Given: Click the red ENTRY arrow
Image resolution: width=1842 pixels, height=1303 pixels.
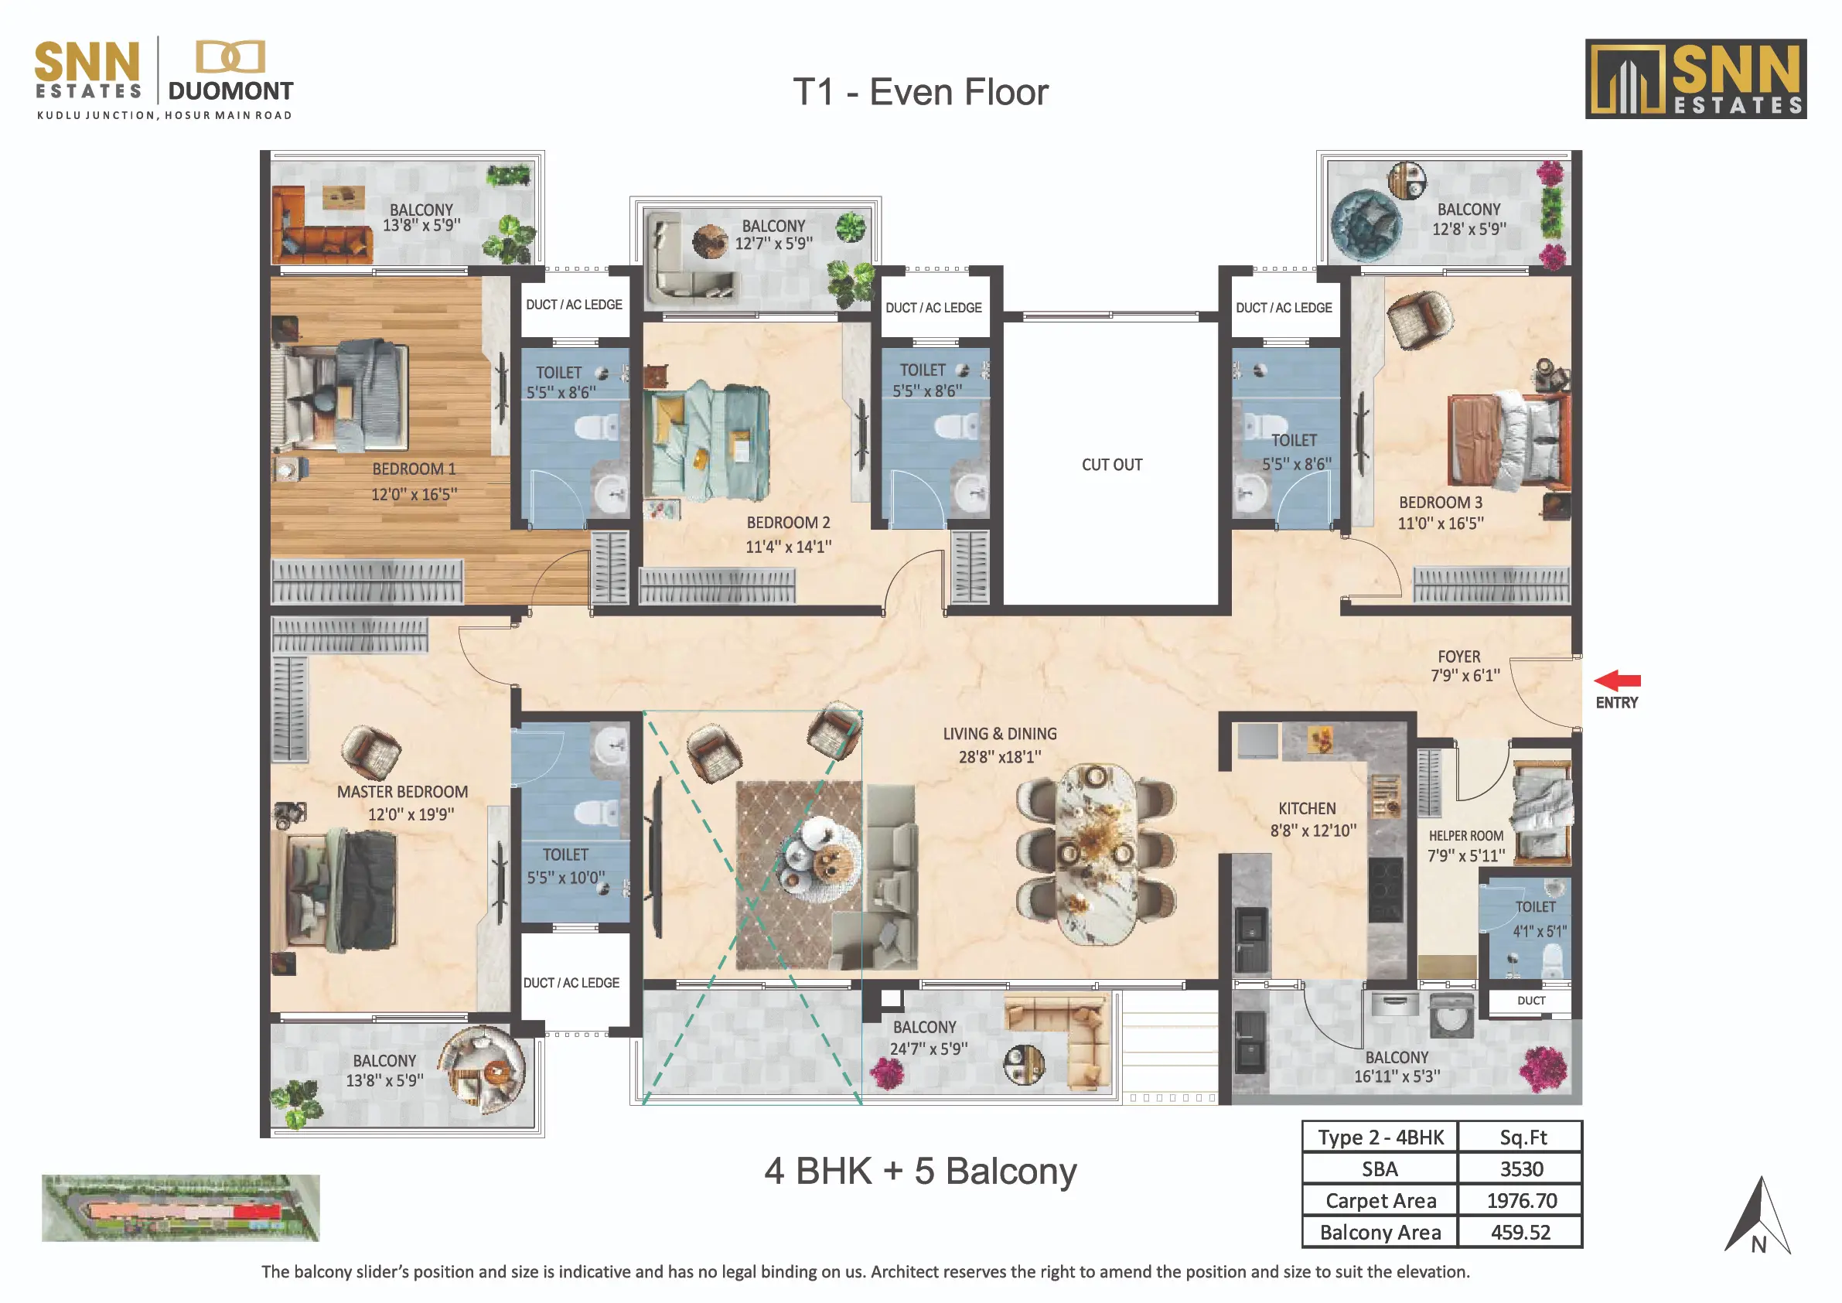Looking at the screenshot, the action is pyautogui.click(x=1618, y=681).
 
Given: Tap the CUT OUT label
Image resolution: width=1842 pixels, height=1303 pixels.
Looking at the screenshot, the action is pyautogui.click(x=1112, y=465).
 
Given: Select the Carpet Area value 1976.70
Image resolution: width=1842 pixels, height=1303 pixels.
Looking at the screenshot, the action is pyautogui.click(x=1521, y=1200).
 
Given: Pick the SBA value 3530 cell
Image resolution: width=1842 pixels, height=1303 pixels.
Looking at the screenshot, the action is pyautogui.click(x=1521, y=1169).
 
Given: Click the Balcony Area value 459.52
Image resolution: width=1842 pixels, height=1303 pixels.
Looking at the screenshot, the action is pyautogui.click(x=1520, y=1233).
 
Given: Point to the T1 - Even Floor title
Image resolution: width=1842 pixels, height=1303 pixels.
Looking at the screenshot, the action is pyautogui.click(x=920, y=92).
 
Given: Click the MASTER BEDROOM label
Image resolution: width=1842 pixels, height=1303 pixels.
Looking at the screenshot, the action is pyautogui.click(x=402, y=792).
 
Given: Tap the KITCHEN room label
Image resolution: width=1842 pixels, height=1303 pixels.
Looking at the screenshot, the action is pyautogui.click(x=1307, y=809).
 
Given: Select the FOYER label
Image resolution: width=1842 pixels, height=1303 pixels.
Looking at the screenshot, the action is pyautogui.click(x=1458, y=657).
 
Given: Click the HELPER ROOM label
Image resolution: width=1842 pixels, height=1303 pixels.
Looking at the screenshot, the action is pyautogui.click(x=1465, y=836).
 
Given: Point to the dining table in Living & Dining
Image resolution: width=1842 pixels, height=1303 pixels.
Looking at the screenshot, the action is pyautogui.click(x=1096, y=854).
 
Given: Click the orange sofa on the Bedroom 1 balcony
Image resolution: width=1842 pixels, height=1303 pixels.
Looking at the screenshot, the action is pyautogui.click(x=321, y=227).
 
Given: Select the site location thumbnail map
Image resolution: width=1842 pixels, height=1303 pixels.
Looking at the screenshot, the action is pyautogui.click(x=180, y=1209).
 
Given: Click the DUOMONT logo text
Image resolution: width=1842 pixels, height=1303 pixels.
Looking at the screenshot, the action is pyautogui.click(x=231, y=91).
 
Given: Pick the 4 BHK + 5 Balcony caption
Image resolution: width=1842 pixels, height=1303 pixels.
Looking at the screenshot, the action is pyautogui.click(x=920, y=1172).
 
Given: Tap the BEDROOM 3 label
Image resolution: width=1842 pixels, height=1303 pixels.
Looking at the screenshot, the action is pyautogui.click(x=1440, y=503).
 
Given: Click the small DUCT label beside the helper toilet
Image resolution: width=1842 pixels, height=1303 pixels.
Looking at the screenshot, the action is pyautogui.click(x=1530, y=1001).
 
